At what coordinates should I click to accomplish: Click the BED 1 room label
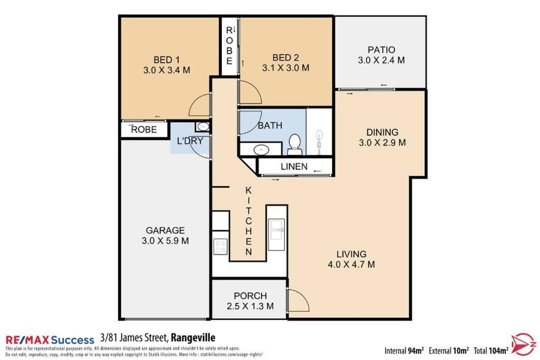(x=166, y=60)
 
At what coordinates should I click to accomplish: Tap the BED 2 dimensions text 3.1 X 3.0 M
(x=285, y=68)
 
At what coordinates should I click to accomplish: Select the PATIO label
(x=381, y=50)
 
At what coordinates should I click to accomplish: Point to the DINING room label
(x=382, y=132)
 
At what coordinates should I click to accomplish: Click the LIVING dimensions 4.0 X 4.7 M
(x=351, y=264)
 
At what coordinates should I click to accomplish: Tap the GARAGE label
(x=165, y=230)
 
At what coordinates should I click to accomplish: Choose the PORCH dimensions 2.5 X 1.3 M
(x=250, y=306)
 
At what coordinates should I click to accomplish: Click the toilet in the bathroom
(x=294, y=144)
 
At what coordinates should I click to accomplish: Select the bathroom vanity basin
(x=262, y=150)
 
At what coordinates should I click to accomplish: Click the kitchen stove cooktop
(x=220, y=247)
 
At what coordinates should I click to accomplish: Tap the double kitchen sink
(x=276, y=230)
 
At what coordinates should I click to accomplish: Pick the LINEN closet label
(x=294, y=167)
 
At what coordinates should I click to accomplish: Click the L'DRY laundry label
(x=190, y=141)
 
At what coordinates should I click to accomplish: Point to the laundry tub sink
(x=203, y=127)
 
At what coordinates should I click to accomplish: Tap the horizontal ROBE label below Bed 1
(x=144, y=130)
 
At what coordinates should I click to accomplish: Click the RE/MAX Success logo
(x=50, y=340)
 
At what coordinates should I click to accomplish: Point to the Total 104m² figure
(x=491, y=351)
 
